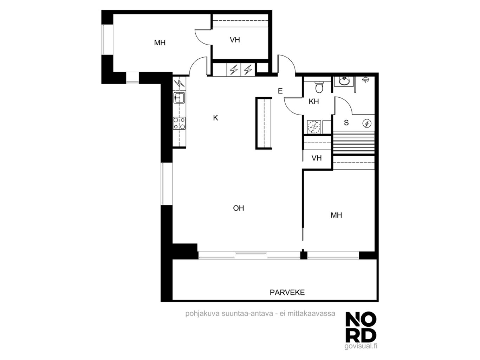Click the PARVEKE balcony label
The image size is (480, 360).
pos(287,293)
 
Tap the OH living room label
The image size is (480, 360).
pos(238,208)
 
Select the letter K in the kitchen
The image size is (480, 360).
pos(215,118)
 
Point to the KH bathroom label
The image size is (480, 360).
pos(313,102)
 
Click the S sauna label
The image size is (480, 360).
pos(346,123)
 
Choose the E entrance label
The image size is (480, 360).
pos(280,91)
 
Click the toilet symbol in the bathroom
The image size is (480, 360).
pos(319,87)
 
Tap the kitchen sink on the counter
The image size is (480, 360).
pos(179,98)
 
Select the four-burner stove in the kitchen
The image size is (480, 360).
pos(179,123)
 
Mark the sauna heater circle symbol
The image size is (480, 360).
pos(367,124)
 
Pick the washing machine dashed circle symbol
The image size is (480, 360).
pos(314,127)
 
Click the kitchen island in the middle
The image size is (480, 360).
pos(264,124)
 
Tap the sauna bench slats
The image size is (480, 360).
pos(353,143)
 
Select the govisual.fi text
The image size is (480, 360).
pos(361,346)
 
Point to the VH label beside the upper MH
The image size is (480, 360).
pos(235,40)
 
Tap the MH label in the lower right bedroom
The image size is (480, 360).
pos(336,215)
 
